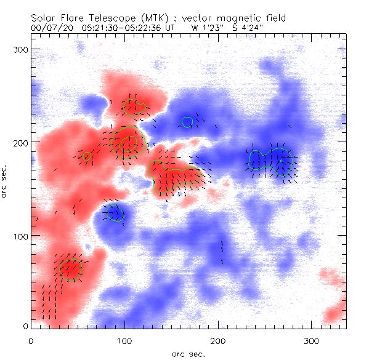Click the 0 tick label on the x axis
coord(31,340)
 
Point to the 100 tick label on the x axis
coord(124,340)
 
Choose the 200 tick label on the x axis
coord(218,340)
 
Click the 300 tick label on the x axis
coord(312,340)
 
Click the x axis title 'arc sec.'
coord(188,353)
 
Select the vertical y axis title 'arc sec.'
coord(5,181)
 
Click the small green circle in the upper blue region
coord(187,121)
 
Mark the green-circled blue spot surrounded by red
coord(115,214)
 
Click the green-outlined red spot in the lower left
coord(70,269)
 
